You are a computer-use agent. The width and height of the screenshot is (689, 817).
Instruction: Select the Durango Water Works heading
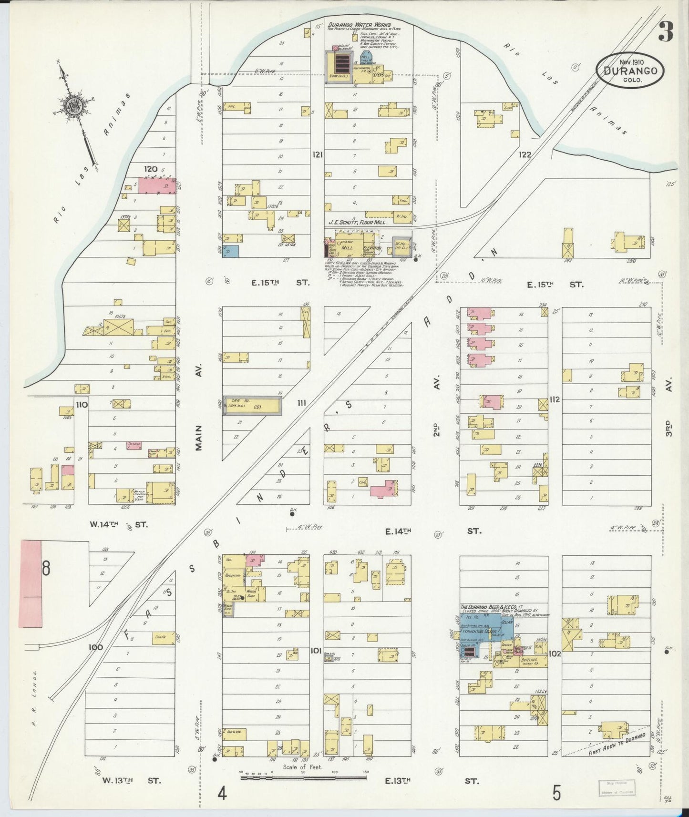359,25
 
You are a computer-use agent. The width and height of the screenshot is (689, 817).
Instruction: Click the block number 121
318,154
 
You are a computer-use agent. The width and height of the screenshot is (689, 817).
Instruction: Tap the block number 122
524,154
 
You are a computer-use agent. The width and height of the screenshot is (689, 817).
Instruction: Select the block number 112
554,399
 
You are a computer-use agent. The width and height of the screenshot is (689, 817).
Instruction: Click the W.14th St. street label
119,524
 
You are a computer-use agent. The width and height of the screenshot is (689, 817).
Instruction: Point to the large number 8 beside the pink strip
46,569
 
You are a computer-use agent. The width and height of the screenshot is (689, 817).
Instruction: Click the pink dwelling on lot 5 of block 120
157,185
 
